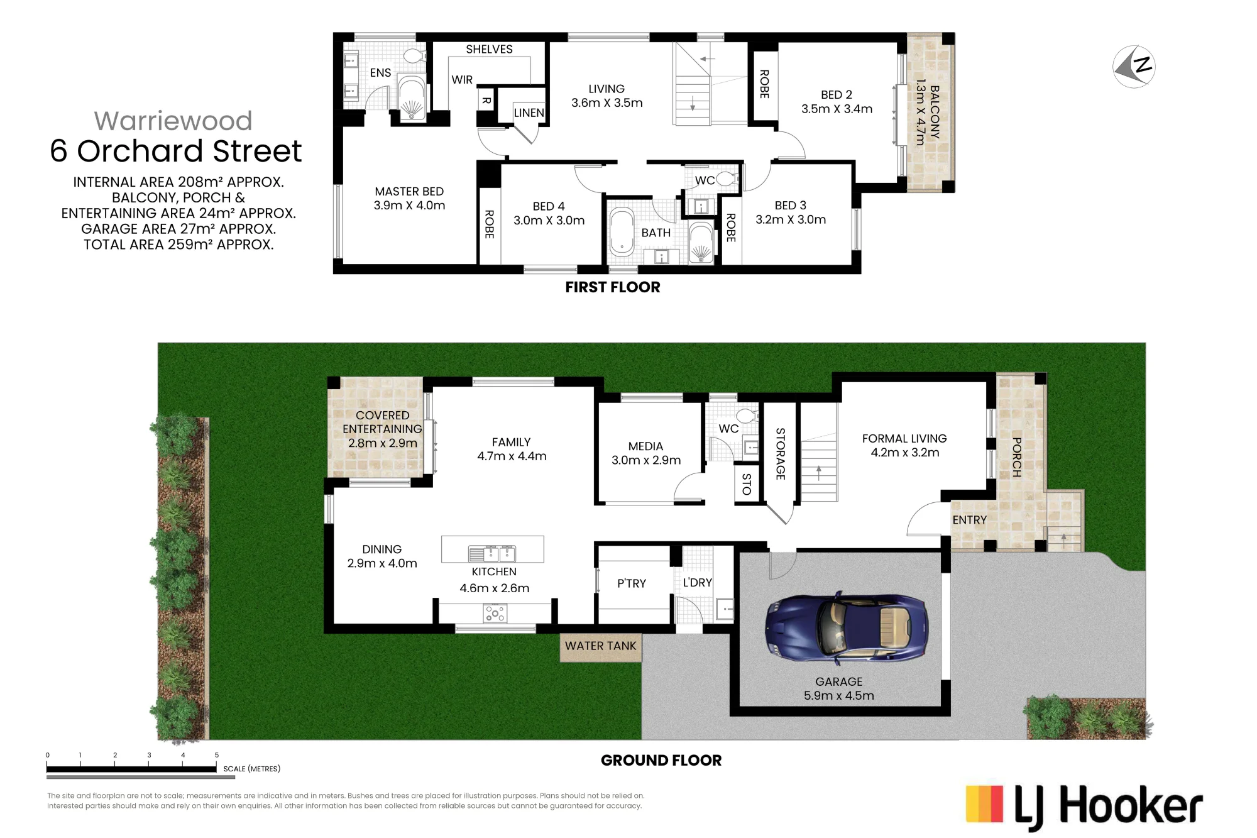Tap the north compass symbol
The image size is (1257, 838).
click(1134, 67)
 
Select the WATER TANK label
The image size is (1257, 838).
click(600, 646)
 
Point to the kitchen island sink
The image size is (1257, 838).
click(492, 553)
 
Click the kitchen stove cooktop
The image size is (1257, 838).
click(495, 613)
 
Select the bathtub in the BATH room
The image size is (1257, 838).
click(622, 231)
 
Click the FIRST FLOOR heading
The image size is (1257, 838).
click(613, 287)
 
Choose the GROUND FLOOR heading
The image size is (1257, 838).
click(661, 760)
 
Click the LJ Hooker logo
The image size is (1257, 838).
click(1084, 807)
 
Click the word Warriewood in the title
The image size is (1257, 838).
click(173, 121)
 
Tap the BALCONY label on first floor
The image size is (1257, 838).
click(935, 112)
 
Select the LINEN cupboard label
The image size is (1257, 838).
click(529, 113)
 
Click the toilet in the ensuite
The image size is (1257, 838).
click(414, 56)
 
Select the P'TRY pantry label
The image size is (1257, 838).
click(632, 583)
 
